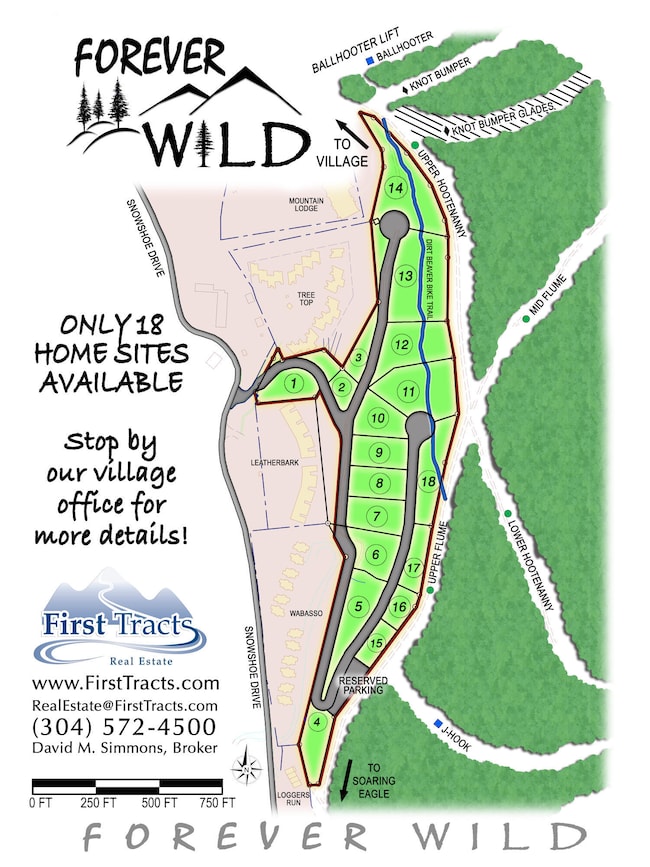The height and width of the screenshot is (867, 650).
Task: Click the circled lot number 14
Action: click(397, 188)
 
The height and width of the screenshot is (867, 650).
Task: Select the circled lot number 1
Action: click(294, 381)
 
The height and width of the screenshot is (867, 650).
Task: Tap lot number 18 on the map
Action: click(428, 483)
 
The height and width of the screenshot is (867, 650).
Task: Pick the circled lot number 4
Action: click(317, 723)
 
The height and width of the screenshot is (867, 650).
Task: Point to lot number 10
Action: click(377, 418)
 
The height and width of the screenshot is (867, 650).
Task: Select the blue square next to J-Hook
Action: click(439, 724)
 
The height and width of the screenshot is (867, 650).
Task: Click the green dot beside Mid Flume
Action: click(526, 318)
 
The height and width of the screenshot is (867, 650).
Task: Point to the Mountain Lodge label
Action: click(307, 205)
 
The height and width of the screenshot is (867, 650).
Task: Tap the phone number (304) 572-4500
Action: click(125, 726)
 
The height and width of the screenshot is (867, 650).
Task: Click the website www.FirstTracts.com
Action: click(125, 684)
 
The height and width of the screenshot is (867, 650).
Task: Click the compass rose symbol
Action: click(246, 770)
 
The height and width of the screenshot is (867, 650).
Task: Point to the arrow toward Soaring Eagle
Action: click(346, 778)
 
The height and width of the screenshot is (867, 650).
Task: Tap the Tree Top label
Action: click(306, 297)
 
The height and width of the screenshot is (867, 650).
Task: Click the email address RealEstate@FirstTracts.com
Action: click(125, 706)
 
